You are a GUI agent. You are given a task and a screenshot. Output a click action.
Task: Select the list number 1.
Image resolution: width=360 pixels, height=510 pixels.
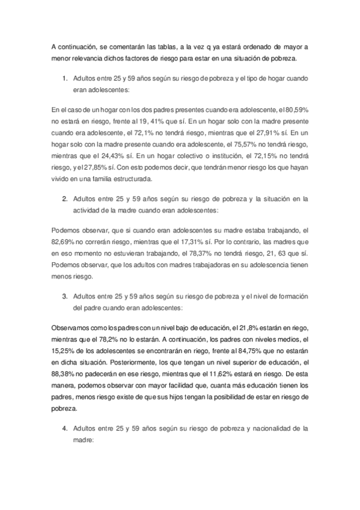[64, 78]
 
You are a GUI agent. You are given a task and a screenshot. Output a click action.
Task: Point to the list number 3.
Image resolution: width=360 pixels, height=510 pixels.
[64, 296]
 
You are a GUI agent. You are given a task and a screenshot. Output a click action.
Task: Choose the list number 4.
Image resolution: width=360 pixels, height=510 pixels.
[64, 429]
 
